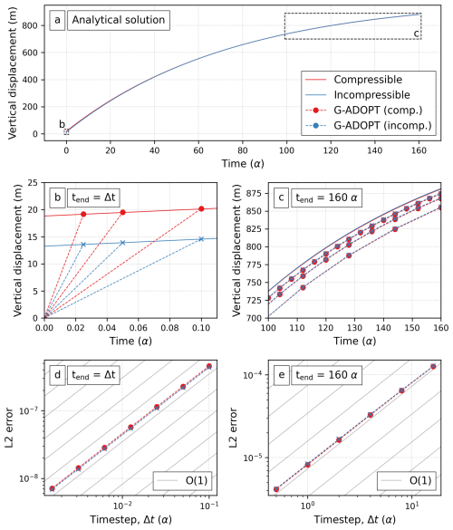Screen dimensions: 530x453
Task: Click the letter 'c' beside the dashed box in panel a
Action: (417, 34)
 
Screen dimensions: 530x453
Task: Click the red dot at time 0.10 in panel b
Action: (201, 209)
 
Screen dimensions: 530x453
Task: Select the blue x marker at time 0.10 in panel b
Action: (201, 239)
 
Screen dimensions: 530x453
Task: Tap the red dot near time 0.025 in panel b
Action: (83, 214)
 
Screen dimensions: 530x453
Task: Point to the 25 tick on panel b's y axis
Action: (34, 184)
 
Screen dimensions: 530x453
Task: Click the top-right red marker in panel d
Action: (209, 366)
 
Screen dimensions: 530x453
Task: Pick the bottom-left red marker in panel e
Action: (276, 489)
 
